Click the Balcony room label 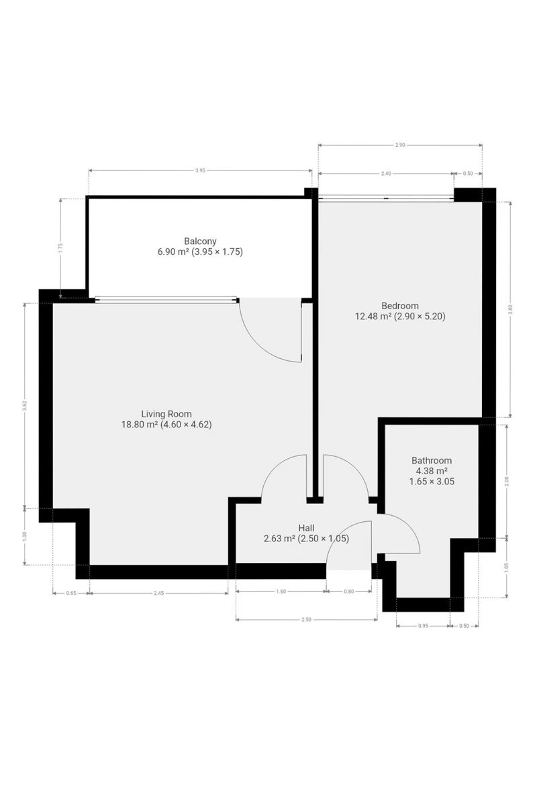[200, 241]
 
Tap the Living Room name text [166, 414]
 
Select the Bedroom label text [400, 305]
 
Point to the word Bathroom [432, 460]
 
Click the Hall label [306, 527]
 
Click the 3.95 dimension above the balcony [200, 170]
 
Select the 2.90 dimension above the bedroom [400, 145]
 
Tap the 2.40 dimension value [386, 174]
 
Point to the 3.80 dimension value [510, 309]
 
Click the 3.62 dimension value [24, 405]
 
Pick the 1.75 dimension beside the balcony [60, 248]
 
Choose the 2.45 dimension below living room [158, 593]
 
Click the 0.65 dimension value [71, 593]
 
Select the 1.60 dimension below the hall [281, 591]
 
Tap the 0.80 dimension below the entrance [349, 591]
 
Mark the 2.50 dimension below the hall [306, 620]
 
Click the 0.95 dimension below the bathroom [423, 626]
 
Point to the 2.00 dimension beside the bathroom [506, 480]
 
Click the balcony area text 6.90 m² [173, 251]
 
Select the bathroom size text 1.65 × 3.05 [432, 481]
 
